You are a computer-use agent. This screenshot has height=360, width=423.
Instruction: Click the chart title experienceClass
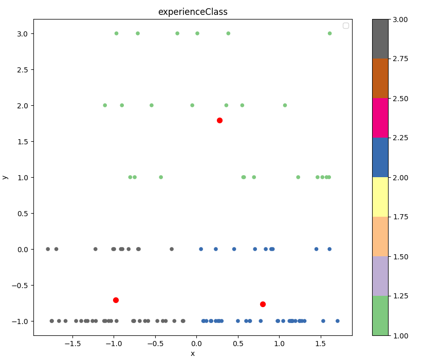(193, 12)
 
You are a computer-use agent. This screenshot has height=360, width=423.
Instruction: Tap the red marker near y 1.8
(219, 120)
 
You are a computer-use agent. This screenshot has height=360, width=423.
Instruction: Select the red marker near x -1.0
(116, 300)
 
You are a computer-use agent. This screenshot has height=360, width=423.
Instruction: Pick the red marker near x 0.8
(263, 304)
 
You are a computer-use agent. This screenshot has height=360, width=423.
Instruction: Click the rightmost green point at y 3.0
(329, 33)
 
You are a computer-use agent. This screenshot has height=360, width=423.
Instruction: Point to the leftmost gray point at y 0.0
(48, 249)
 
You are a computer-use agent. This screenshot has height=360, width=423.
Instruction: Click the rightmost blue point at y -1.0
(337, 321)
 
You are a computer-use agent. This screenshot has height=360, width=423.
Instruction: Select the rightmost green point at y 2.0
(285, 105)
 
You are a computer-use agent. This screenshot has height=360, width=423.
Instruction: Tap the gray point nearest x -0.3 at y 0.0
(172, 249)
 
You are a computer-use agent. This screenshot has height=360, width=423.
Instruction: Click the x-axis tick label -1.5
(72, 343)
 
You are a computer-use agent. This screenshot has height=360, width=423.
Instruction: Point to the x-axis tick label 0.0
(196, 343)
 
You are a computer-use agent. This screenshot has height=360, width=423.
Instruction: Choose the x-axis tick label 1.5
(321, 343)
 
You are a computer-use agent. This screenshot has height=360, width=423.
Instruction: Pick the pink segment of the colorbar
(380, 118)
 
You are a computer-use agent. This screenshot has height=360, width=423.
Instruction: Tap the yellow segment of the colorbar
(380, 197)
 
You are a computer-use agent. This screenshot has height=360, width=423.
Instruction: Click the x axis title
(193, 353)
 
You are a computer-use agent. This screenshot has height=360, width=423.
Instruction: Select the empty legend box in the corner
(346, 26)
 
